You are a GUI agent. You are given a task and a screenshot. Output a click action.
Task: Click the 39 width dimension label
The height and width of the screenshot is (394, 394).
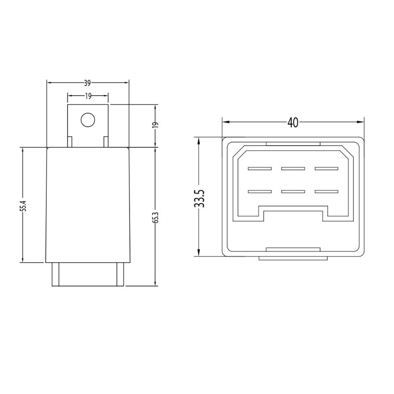coord(87,83)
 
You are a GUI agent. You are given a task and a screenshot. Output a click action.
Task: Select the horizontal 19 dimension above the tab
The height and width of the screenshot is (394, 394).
coord(88,96)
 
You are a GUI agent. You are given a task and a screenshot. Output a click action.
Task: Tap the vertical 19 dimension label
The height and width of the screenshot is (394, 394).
coord(156,125)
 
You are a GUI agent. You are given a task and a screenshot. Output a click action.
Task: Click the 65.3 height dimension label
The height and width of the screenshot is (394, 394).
coord(156,218)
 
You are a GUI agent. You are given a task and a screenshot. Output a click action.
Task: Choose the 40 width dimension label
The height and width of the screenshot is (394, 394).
coord(293,122)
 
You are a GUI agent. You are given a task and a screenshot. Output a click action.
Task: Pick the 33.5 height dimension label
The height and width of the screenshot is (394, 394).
coord(199,198)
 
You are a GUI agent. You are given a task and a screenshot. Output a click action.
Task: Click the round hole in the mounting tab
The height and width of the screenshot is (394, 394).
coord(88,119)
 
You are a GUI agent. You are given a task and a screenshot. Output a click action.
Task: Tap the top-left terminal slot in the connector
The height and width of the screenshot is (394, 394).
coord(259,169)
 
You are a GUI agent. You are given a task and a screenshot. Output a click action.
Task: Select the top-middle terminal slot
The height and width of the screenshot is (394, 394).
coord(293,169)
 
